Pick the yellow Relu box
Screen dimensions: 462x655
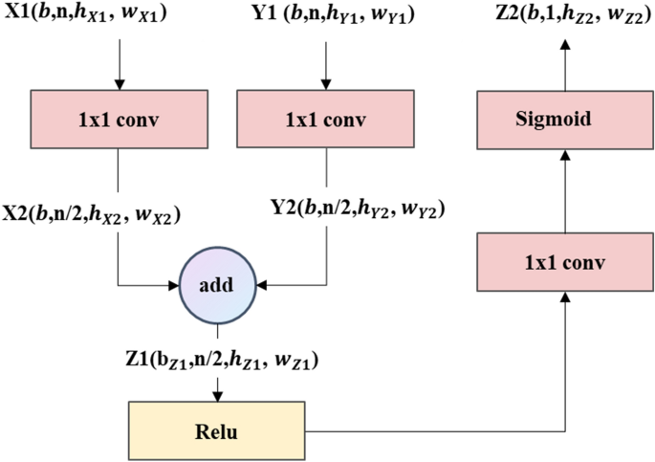click(x=215, y=430)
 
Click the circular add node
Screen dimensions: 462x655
click(x=219, y=285)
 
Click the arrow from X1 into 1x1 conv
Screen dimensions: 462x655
click(x=118, y=65)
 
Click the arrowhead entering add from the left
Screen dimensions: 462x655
click(x=176, y=285)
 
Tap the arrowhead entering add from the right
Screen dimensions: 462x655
click(x=262, y=285)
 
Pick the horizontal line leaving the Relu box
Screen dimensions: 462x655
click(x=430, y=430)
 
